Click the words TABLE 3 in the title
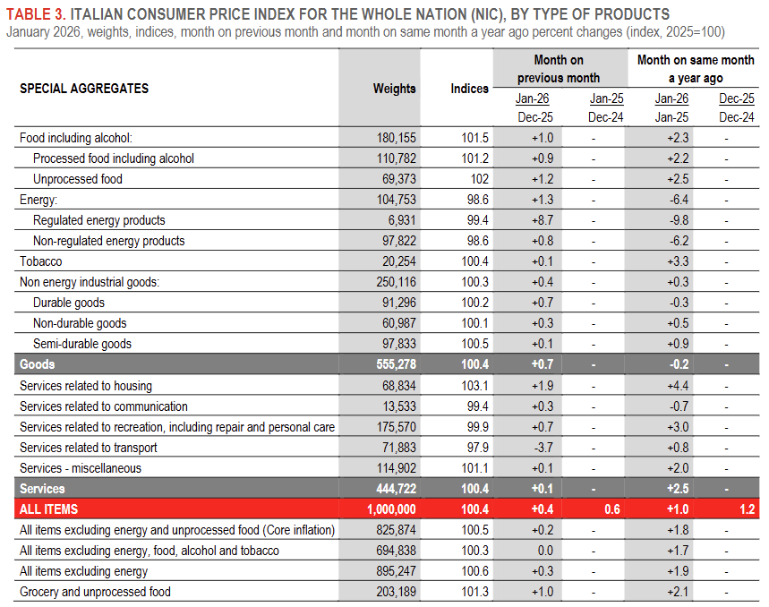[35, 14]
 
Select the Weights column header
[395, 89]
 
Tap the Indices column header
[470, 89]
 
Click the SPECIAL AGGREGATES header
[84, 89]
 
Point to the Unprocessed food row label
[78, 179]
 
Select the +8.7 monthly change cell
[542, 220]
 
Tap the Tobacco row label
[40, 261]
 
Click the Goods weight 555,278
[391, 364]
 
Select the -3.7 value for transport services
[543, 448]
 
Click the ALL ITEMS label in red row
[48, 509]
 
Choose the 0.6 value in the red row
[612, 509]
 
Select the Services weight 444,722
[391, 489]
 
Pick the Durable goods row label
[69, 303]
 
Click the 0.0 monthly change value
[543, 551]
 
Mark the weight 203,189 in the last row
[395, 592]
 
